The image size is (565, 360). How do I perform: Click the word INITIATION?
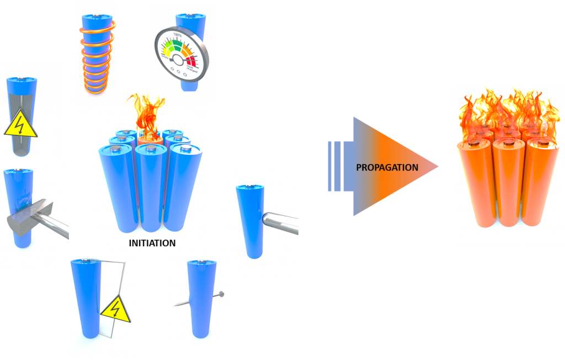(x=152, y=243)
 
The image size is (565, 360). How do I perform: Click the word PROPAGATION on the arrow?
(x=387, y=167)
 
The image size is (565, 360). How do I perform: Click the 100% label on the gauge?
(x=178, y=34)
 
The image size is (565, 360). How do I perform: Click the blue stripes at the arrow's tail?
(x=335, y=167)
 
